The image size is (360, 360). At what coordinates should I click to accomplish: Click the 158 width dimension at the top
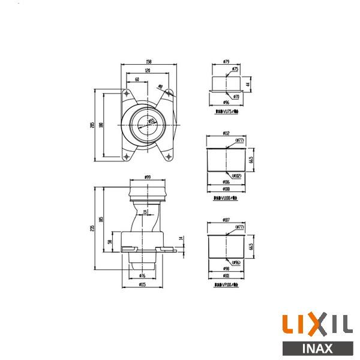tap(148, 61)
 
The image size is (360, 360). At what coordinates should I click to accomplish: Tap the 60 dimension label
tap(137, 79)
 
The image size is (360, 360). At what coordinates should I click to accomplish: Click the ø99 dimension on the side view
tap(148, 177)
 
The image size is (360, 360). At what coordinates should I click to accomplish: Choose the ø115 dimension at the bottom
tap(142, 284)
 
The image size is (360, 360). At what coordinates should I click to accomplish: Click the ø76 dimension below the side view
tap(142, 275)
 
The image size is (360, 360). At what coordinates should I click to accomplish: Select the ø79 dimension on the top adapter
tap(226, 61)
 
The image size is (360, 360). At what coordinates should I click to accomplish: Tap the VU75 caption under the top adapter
tap(226, 111)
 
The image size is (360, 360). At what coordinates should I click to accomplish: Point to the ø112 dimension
tap(226, 133)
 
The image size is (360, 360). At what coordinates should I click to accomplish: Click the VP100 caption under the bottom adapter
tap(226, 286)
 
